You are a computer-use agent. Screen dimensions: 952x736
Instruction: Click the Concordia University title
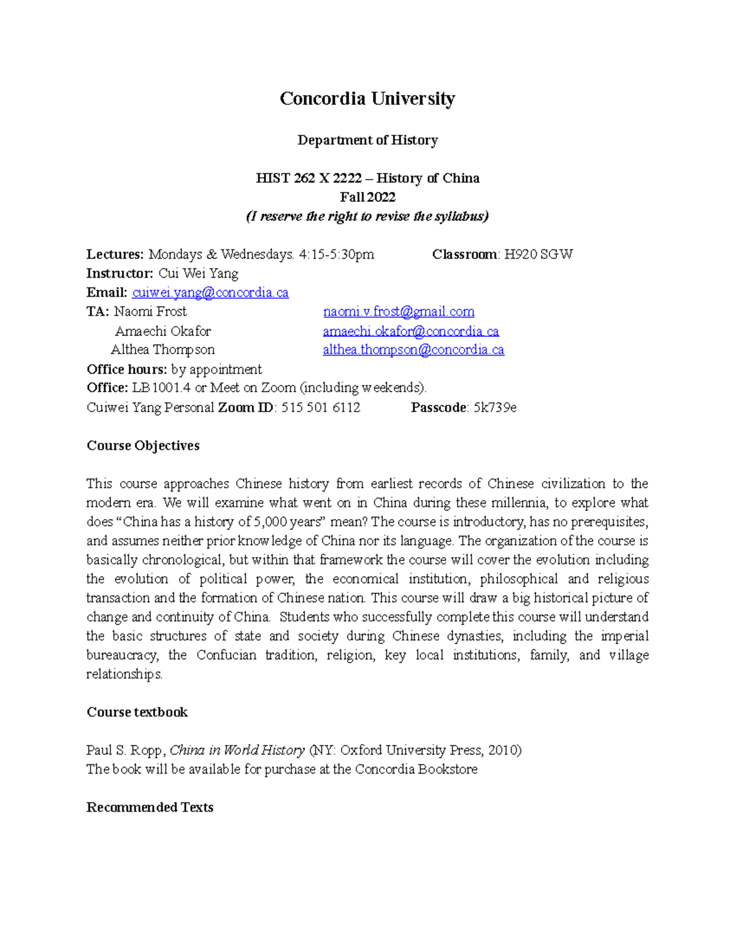tap(367, 99)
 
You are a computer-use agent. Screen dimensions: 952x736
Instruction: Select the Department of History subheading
tap(367, 140)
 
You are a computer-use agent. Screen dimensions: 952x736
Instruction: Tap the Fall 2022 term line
tap(367, 197)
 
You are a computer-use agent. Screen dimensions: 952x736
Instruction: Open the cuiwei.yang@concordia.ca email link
tap(210, 292)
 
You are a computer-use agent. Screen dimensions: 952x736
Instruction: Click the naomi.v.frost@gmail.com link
tap(399, 311)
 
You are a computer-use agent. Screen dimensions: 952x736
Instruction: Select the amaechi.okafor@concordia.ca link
tap(411, 331)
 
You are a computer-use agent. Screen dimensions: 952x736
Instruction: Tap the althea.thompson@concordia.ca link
tap(413, 350)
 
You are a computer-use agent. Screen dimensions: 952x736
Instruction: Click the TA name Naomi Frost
tap(150, 311)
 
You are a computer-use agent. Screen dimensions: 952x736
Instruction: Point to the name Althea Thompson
tap(163, 350)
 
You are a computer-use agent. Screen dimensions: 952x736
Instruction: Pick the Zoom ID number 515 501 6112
tap(321, 408)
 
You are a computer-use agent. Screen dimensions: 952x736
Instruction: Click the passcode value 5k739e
tap(495, 408)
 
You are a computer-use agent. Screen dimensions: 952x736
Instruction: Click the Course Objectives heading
tap(143, 446)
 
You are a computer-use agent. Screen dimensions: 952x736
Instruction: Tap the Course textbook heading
tap(137, 712)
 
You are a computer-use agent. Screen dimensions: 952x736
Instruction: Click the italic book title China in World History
tap(237, 750)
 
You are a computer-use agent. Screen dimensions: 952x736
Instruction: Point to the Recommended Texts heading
tap(150, 807)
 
